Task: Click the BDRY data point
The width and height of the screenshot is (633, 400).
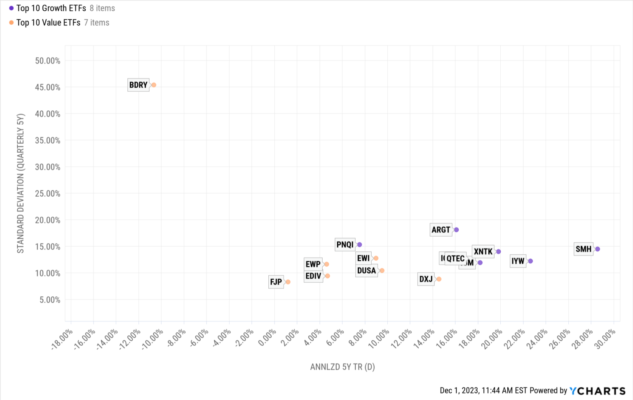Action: point(154,85)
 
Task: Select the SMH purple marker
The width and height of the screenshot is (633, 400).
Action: point(598,249)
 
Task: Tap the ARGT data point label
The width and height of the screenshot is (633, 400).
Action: point(441,230)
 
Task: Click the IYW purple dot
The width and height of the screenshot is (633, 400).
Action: point(530,261)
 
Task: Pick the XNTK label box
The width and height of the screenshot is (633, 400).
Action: point(483,251)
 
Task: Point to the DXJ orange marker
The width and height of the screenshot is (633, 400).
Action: point(439,279)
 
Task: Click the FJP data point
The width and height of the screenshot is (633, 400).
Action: point(288,282)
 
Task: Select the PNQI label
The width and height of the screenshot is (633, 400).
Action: point(345,244)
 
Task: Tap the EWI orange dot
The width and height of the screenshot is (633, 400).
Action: point(376,258)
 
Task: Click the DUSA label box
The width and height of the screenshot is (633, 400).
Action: point(366,270)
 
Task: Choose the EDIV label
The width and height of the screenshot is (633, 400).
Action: point(313,276)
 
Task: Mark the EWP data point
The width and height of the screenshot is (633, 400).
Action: point(327,264)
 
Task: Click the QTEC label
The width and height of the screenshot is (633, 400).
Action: point(455,258)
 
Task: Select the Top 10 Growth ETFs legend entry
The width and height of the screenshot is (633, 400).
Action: point(51,8)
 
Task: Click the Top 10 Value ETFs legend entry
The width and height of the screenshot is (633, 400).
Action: point(48,23)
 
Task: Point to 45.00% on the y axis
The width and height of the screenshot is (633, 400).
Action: point(47,87)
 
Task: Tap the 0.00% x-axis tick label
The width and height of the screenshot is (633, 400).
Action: point(267,338)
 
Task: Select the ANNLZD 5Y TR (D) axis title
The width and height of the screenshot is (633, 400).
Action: point(342,367)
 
